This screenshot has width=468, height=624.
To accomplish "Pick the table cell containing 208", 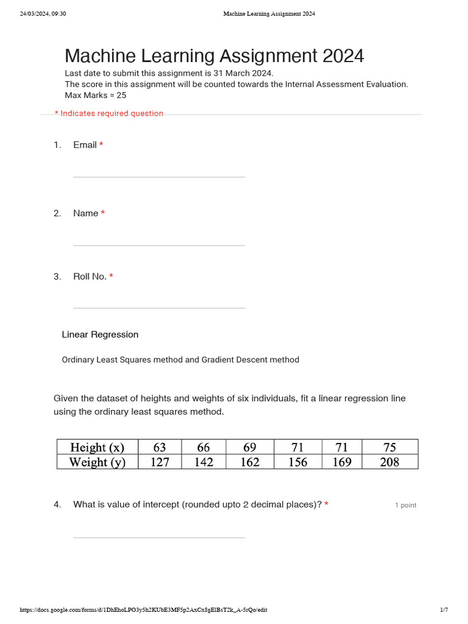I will (x=389, y=462).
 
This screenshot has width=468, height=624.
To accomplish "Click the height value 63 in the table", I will (x=160, y=447).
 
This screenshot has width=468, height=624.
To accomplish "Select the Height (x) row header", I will (x=97, y=447).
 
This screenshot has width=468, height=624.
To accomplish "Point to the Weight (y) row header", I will (x=97, y=462).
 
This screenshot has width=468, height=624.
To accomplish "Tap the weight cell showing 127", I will (x=160, y=462).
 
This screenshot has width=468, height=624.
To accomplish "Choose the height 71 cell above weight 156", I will (x=297, y=447).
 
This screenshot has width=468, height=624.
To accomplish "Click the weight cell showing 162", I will (x=250, y=462).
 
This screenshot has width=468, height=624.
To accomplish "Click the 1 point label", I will (x=405, y=505).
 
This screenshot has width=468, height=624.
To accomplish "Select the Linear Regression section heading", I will (x=100, y=335).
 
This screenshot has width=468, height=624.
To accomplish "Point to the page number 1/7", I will (x=444, y=610).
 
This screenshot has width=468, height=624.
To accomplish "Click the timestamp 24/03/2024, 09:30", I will (x=43, y=14).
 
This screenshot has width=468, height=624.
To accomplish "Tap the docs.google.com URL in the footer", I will (x=143, y=610).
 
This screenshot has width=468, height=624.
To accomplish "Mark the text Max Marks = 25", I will (x=95, y=96).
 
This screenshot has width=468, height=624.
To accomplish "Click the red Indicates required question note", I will (x=109, y=113).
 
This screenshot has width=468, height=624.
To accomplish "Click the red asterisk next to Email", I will (x=101, y=144).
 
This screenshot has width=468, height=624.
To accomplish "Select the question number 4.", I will (x=57, y=505).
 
